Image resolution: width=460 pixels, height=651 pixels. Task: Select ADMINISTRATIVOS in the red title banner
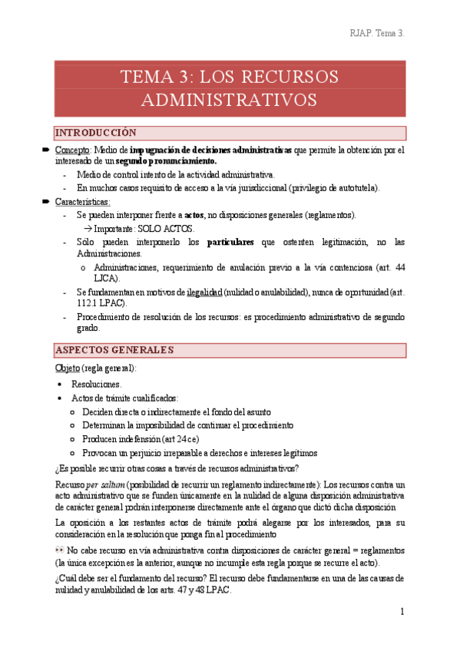230,101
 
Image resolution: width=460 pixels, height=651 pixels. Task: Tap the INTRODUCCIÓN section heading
95,133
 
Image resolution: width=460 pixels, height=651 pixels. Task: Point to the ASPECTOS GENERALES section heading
114,350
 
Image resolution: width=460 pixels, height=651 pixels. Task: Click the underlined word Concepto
74,150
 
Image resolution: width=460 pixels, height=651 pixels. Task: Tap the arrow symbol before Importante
87,229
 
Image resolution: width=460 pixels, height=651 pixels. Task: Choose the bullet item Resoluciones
96,384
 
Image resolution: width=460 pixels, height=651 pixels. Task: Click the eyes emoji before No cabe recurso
59,550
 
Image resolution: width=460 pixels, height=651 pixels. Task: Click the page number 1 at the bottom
402,611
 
